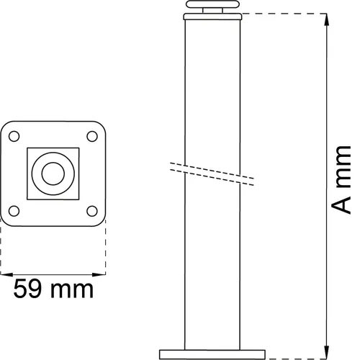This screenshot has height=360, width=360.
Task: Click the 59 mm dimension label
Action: pyautogui.click(x=54, y=290)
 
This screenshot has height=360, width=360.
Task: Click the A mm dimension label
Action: pyautogui.click(x=342, y=180)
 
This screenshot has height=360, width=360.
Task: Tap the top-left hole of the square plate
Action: pyautogui.click(x=14, y=135)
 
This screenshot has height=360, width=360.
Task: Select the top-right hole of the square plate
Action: pyautogui.click(x=91, y=135)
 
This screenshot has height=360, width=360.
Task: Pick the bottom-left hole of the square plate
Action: pyautogui.click(x=14, y=211)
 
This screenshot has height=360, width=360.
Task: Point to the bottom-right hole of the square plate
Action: pyautogui.click(x=91, y=211)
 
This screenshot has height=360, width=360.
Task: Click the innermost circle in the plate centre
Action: pyautogui.click(x=53, y=173)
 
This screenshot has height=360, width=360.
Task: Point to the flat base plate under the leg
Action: pyautogui.click(x=213, y=353)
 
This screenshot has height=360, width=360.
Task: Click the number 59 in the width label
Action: pyautogui.click(x=30, y=290)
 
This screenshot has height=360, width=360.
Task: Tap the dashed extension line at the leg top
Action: pyautogui.click(x=284, y=13)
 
